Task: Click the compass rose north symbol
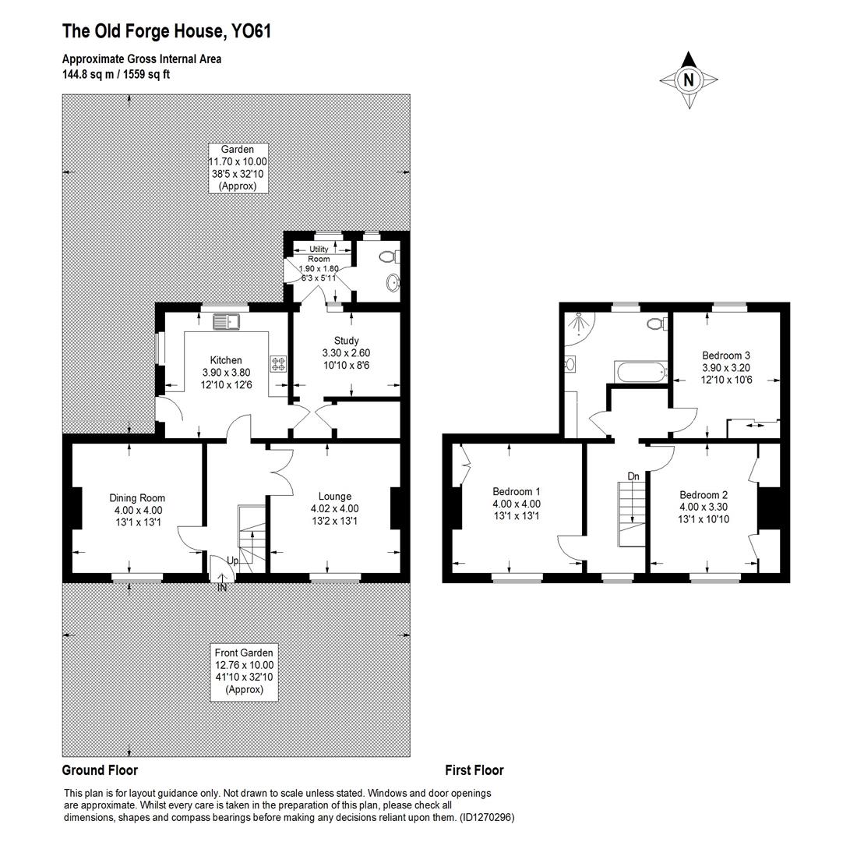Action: click(689, 80)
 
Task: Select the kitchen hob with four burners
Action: click(278, 363)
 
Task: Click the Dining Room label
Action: click(137, 497)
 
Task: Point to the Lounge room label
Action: click(335, 496)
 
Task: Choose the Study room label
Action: click(346, 341)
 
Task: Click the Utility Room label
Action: click(319, 254)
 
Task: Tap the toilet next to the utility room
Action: click(386, 256)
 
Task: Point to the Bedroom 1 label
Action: click(517, 492)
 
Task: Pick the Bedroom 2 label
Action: click(704, 495)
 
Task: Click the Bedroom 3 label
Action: click(725, 355)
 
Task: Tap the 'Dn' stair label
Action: click(633, 476)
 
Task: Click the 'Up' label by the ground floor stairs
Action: click(232, 561)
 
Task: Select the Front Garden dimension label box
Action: click(245, 671)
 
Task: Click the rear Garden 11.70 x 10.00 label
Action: click(238, 168)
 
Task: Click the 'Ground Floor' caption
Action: click(100, 770)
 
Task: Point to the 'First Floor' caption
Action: click(474, 770)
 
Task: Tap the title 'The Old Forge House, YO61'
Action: click(167, 31)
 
